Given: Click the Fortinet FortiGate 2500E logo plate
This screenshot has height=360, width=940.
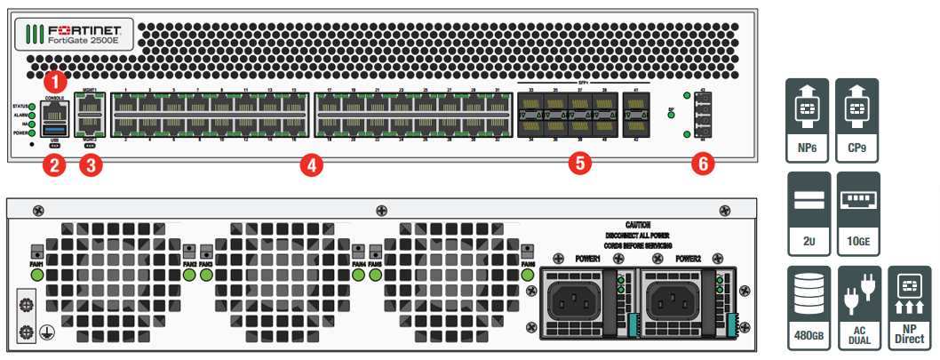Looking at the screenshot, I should coord(75,35).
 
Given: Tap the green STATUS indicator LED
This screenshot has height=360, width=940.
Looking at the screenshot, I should coord(33,107).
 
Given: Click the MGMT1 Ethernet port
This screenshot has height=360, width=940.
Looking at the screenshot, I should coord(90,107).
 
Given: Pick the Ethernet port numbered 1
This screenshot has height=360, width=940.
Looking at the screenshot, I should coord(125,107).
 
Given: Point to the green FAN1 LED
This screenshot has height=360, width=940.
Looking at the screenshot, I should coord(38,276).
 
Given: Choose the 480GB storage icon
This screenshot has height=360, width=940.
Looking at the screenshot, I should coord(808,308).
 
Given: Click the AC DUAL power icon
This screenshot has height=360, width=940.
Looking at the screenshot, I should coord(859,308).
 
